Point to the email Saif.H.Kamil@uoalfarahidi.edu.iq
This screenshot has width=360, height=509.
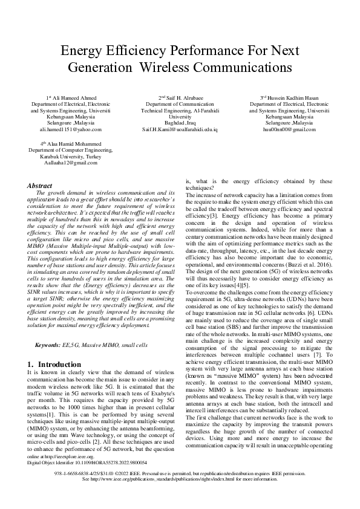[180, 129]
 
